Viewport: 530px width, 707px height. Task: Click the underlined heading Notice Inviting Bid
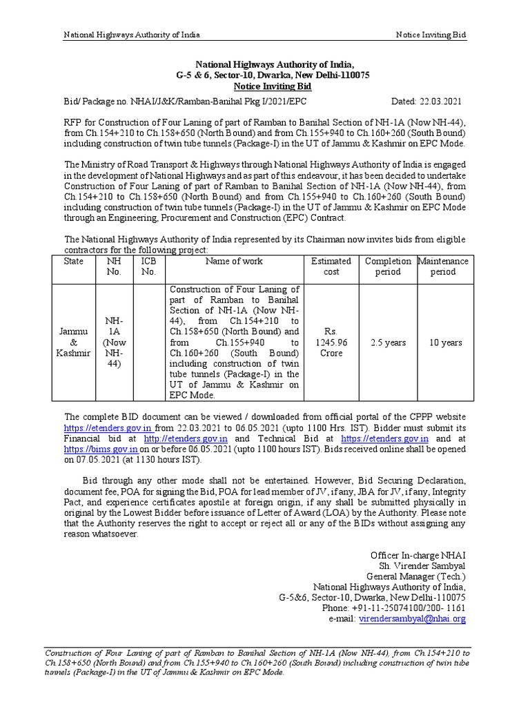point(272,86)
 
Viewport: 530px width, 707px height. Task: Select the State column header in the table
point(73,261)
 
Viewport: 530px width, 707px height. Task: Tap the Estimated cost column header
point(331,267)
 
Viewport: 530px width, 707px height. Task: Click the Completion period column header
point(387,267)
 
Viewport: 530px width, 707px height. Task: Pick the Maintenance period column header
point(443,267)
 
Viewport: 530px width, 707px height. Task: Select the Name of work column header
point(234,261)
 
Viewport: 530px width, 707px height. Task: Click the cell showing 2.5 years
point(388,342)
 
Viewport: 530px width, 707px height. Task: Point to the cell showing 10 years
point(443,342)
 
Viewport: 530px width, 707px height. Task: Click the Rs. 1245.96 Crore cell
point(331,342)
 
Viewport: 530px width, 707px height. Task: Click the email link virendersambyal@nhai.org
point(411,619)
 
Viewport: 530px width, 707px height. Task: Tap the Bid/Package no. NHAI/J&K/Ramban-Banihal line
point(186,100)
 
